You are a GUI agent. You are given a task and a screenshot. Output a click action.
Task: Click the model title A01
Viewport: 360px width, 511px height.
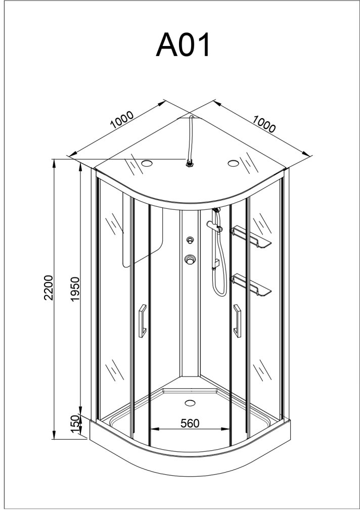183,44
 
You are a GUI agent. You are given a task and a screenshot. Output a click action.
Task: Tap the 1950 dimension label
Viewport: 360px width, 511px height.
75,289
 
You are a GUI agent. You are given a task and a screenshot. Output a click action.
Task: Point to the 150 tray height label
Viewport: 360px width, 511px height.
75,425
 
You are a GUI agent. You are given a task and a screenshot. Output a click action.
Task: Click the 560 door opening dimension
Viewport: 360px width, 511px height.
190,423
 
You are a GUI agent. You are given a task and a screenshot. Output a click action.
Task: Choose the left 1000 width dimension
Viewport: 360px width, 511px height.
122,120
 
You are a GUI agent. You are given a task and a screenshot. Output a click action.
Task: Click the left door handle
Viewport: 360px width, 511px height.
142,321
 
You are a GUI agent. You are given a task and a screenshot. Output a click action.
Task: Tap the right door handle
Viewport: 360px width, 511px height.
237,321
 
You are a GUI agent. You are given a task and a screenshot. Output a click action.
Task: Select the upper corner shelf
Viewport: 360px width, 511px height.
251,237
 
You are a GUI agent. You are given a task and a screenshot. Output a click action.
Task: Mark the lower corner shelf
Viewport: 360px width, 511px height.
251,285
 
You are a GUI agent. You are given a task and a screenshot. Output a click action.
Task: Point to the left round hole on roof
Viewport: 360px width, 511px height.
147,163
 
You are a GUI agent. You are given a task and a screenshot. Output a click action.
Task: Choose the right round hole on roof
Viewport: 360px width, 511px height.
234,163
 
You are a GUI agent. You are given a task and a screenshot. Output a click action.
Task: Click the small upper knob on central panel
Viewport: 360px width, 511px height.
190,241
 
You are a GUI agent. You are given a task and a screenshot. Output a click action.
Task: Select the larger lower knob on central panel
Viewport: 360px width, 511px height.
190,260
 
